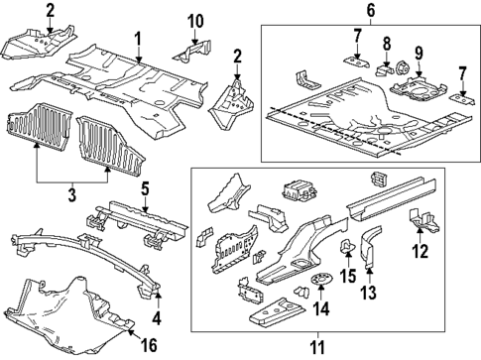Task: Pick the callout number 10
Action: (x=194, y=21)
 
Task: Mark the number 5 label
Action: (x=144, y=189)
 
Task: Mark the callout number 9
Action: (x=418, y=53)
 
